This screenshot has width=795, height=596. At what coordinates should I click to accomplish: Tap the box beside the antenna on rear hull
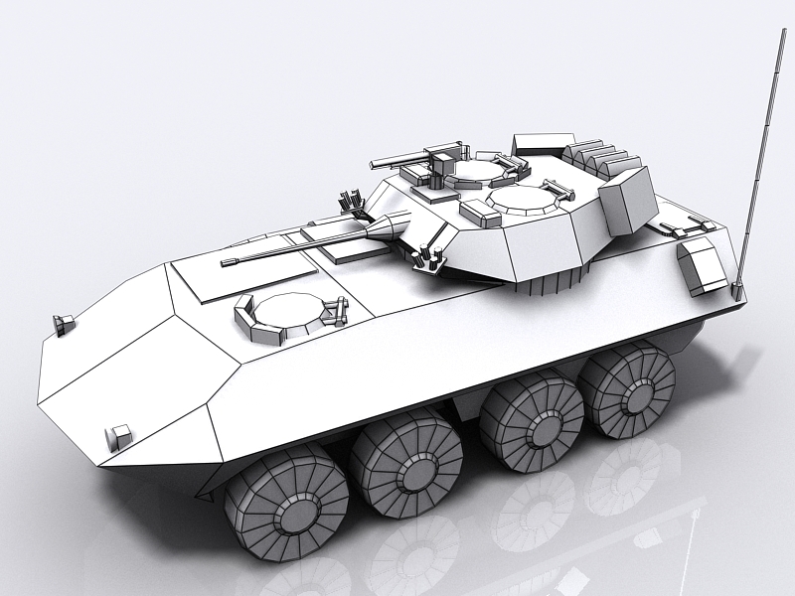click(x=702, y=264)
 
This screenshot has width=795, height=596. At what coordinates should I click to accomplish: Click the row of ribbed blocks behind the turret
click(x=600, y=157)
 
